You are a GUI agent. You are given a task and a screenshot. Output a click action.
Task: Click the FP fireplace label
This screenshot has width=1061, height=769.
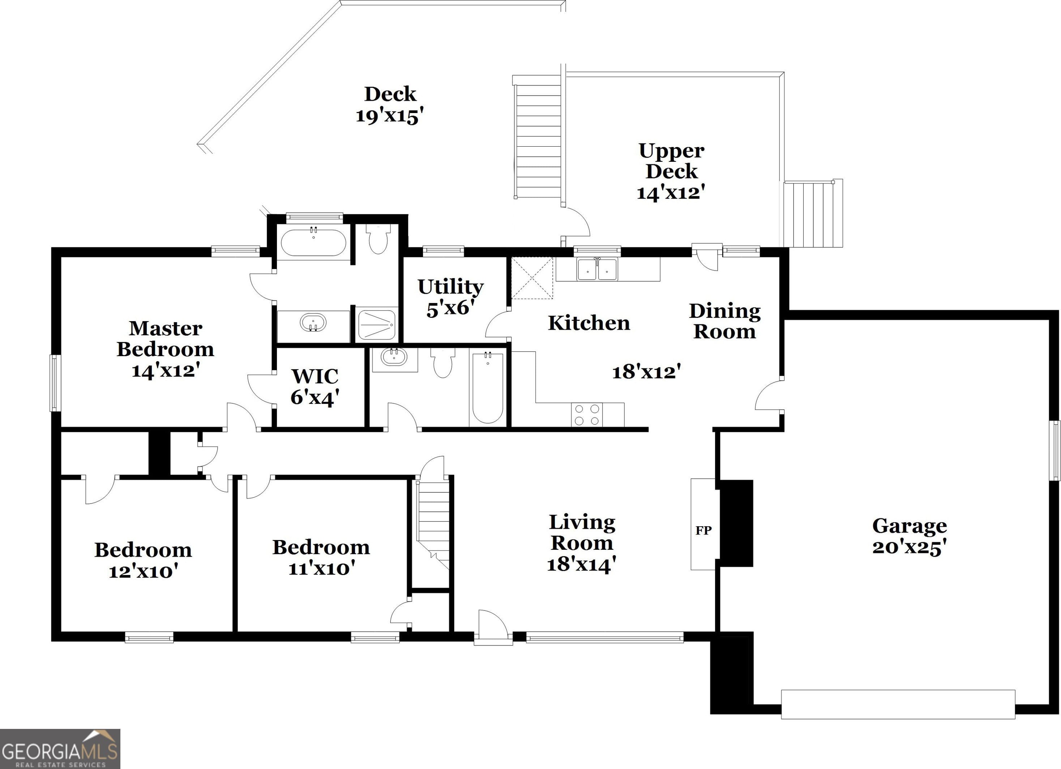703,530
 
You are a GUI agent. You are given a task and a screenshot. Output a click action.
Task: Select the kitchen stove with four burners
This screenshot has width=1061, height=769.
587,415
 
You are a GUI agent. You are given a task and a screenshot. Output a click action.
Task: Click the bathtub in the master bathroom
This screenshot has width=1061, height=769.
313,242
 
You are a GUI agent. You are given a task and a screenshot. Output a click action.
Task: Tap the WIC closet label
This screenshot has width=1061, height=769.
315,376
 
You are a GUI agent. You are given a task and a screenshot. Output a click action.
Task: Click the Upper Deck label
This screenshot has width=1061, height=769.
671,161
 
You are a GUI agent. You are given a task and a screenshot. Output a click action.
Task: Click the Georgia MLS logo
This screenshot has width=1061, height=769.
60,749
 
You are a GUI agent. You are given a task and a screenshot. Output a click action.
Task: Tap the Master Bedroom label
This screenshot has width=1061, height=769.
165,338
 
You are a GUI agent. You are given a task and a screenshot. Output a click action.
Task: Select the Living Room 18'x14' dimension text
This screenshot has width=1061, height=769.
581,564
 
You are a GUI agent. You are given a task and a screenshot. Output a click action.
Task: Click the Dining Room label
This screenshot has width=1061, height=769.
725,321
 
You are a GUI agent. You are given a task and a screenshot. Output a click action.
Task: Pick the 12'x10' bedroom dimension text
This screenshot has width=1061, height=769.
143,571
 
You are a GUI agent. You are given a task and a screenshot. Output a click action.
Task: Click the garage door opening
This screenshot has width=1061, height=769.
898,704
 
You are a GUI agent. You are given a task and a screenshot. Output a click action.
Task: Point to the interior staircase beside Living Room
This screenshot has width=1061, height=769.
433,519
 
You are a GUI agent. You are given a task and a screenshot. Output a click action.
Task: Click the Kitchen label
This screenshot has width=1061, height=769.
589,323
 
